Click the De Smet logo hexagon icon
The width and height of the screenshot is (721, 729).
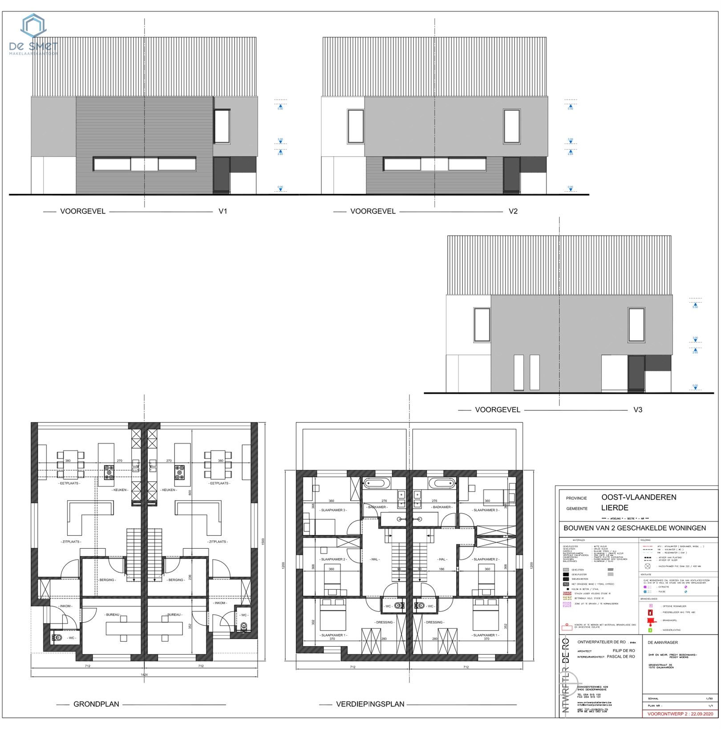click(x=34, y=25)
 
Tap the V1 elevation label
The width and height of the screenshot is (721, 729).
click(x=223, y=211)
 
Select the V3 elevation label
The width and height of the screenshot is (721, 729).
click(x=637, y=409)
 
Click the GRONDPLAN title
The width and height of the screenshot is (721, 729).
click(x=96, y=704)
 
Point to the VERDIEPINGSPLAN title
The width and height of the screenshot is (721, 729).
click(x=370, y=704)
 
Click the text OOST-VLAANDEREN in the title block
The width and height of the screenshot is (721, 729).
click(x=638, y=497)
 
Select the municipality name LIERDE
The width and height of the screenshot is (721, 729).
click(x=615, y=508)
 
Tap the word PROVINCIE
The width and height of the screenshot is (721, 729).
click(x=576, y=498)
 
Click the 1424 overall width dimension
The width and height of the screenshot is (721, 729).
click(x=144, y=675)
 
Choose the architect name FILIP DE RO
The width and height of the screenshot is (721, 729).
click(x=624, y=651)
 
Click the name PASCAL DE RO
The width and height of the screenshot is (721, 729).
click(x=621, y=656)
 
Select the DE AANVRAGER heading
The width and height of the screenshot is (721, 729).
click(x=663, y=643)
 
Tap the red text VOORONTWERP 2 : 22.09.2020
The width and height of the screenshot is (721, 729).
click(x=680, y=714)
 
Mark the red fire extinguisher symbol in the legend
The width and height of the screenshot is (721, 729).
click(x=650, y=613)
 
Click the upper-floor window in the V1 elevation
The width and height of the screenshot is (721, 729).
click(x=222, y=126)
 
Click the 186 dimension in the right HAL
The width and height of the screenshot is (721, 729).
click(x=442, y=569)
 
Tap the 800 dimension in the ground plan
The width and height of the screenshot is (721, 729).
click(x=190, y=493)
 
